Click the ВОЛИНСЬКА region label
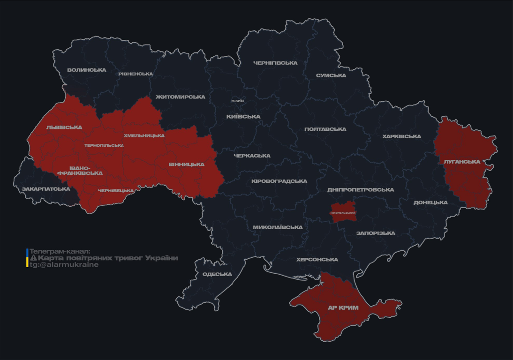(86, 70)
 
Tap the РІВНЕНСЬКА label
(136, 74)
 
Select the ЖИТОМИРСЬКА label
(180, 97)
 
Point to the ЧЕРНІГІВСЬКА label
(275, 63)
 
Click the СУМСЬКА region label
(331, 75)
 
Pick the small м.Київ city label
(238, 101)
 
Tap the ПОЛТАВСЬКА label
(325, 129)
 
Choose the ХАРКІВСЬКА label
(401, 136)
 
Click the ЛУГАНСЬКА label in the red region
(462, 162)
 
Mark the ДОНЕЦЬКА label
(430, 202)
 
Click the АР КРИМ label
(343, 308)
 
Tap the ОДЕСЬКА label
(217, 274)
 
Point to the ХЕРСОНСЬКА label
(317, 260)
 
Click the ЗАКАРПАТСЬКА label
(46, 189)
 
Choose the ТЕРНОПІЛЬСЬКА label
(104, 145)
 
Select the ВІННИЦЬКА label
(186, 165)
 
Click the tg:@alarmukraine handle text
(64, 265)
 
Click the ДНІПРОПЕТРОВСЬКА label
(361, 190)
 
